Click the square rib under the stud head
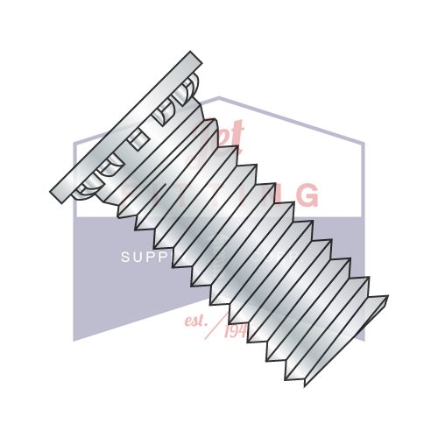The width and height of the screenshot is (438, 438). [x=137, y=139]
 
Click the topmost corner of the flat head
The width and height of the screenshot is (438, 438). [x=193, y=52]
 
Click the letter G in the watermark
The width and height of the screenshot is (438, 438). [x=307, y=195]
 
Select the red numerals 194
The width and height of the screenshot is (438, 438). [x=236, y=330]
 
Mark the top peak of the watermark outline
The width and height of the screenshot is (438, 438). [x=219, y=98]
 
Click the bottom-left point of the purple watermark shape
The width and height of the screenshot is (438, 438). [x=74, y=340]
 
